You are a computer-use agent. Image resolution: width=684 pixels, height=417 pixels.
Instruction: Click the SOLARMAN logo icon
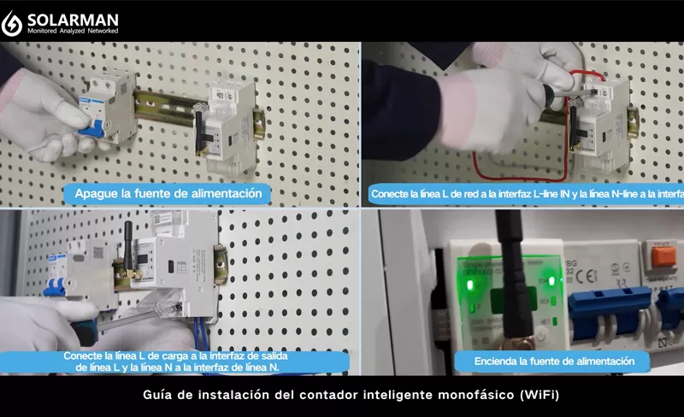[12, 22]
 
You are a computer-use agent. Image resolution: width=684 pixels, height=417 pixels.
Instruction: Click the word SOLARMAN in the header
[73, 18]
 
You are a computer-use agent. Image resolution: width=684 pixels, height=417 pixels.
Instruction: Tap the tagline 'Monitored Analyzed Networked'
[73, 31]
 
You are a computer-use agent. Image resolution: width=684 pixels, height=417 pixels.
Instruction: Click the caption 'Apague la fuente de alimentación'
[168, 193]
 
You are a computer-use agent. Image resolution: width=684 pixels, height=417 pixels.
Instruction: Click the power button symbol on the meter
[540, 335]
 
